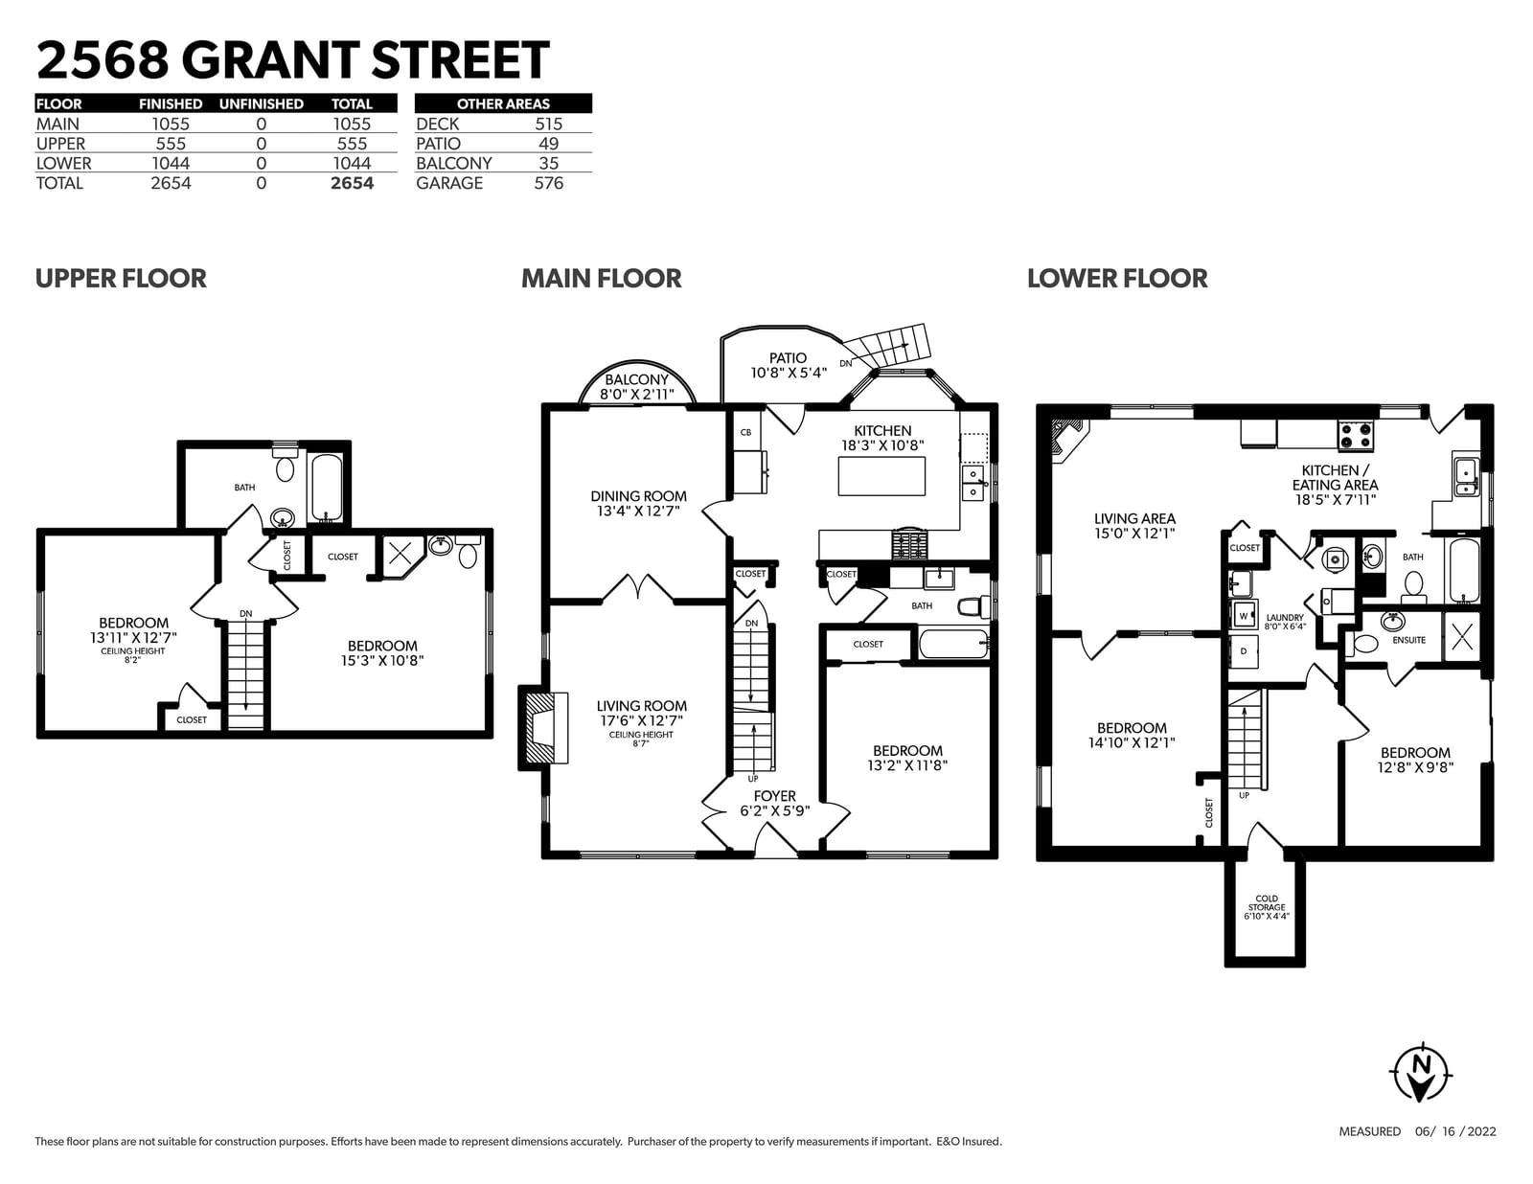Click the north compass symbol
coord(1421,1074)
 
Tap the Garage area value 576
coord(548,183)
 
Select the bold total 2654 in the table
coord(352,183)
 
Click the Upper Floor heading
coord(121,279)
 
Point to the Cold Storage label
coord(1267,907)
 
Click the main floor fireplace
coord(544,728)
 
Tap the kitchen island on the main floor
coord(881,476)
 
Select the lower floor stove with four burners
coord(1356,435)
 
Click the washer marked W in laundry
coord(1244,615)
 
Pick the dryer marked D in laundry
coord(1243,650)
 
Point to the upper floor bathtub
coord(327,487)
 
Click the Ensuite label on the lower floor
coord(1408,640)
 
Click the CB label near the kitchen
coord(745,432)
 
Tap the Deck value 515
coord(548,125)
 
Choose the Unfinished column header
coord(261,103)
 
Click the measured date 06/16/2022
coord(1455,1131)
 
